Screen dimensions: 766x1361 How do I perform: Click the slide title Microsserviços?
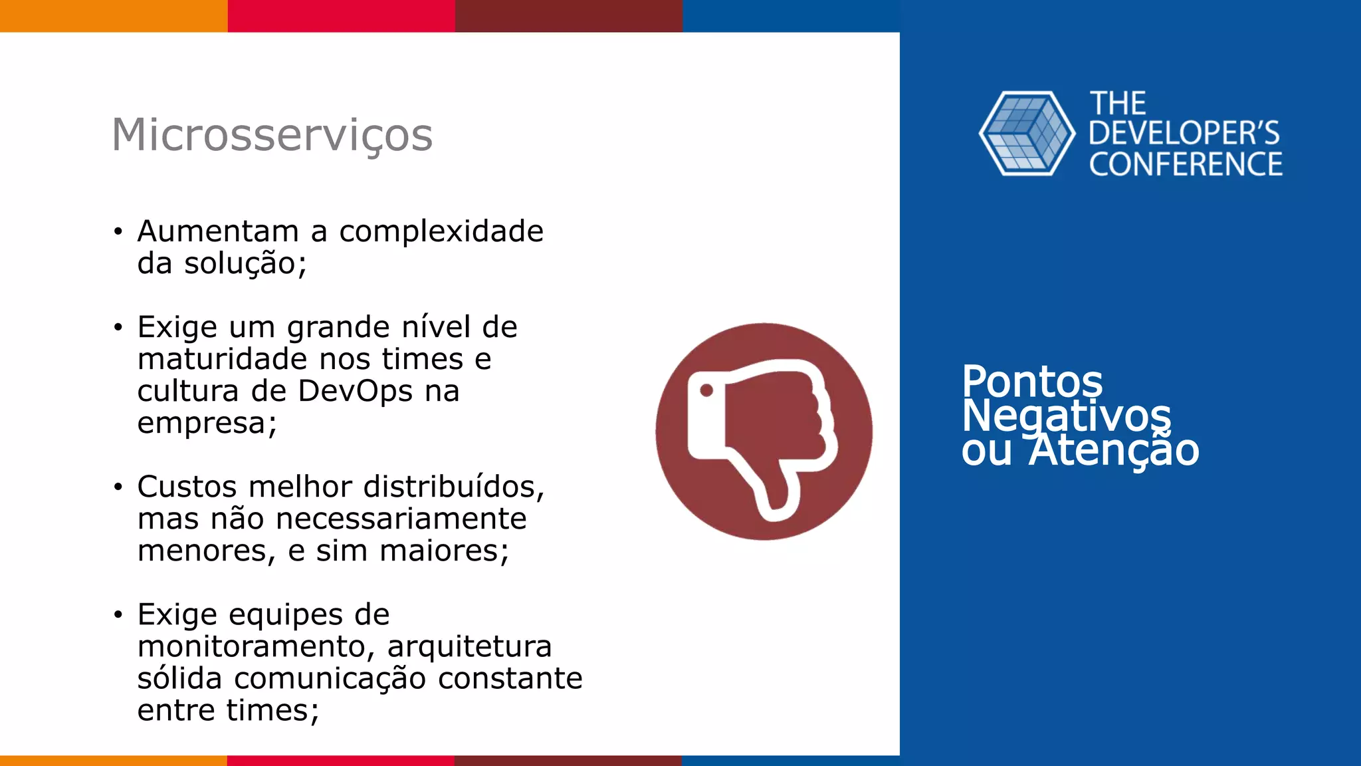coord(272,135)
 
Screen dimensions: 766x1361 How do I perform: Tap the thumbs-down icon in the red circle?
coord(764,432)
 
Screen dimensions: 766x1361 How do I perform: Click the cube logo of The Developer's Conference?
coord(1027,134)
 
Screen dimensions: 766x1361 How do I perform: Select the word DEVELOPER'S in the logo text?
coord(1184,134)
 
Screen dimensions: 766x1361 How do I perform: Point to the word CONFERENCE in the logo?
coord(1186,165)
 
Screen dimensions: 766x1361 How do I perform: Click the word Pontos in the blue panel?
coord(1032,382)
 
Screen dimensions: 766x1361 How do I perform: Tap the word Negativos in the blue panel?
coord(1067,416)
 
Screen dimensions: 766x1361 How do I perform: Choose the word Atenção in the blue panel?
coord(1114,450)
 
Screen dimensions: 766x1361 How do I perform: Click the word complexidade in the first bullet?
coord(441,231)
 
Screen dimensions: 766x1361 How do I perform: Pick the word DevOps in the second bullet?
coord(355,391)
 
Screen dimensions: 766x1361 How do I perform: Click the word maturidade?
coord(223,359)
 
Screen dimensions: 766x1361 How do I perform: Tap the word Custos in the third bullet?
coord(187,487)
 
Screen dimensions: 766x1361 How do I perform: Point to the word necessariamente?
coord(401,519)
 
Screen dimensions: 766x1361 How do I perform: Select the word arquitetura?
coord(469,646)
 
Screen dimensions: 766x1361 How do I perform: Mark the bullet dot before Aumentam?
coord(118,232)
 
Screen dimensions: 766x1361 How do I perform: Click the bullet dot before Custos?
coord(118,487)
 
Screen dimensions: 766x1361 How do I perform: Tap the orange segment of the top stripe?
coord(113,15)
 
